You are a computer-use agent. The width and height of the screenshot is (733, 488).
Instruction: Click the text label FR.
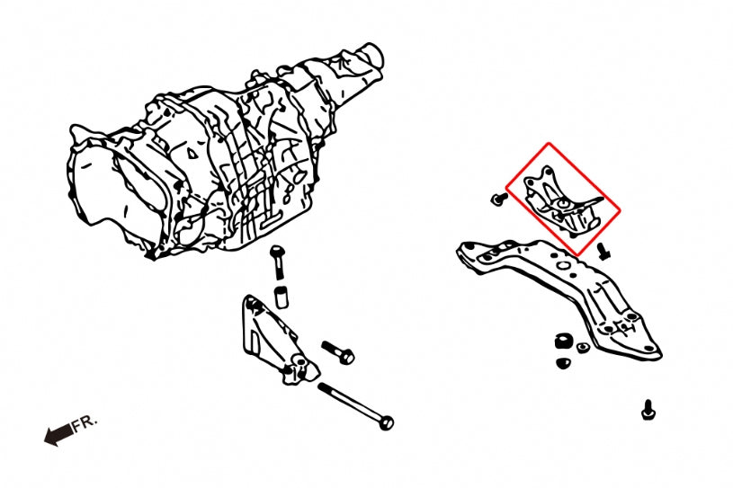point(85,423)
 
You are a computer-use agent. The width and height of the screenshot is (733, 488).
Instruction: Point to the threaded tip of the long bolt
point(322,386)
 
